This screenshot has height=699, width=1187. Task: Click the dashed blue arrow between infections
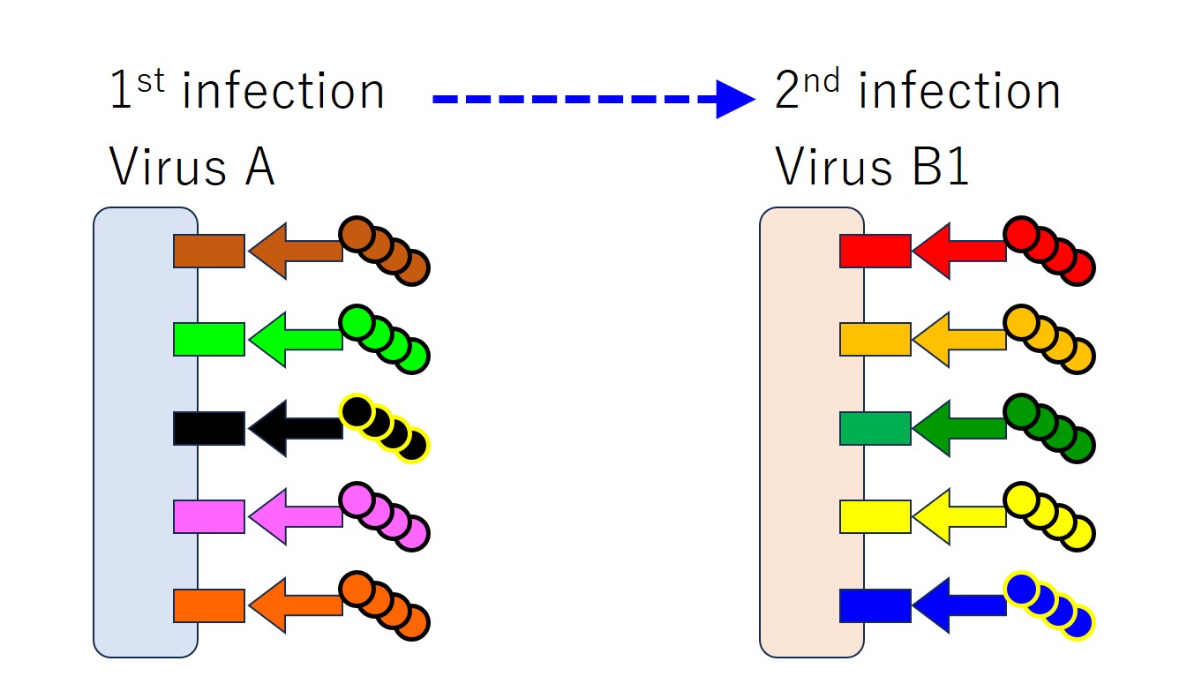pos(591,99)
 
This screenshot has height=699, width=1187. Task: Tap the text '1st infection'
pos(247,92)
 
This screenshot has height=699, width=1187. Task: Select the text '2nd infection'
pos(918,92)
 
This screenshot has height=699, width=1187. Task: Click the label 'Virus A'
pos(192,167)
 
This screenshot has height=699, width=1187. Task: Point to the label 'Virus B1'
pos(872,167)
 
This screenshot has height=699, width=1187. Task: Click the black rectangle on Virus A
pos(208,428)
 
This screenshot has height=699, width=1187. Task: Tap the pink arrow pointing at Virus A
pos(296,516)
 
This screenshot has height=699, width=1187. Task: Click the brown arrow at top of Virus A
pos(296,252)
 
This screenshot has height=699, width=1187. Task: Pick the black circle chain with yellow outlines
pos(384,429)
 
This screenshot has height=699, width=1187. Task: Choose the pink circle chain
pos(384,517)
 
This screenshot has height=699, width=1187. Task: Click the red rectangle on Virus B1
pos(875,252)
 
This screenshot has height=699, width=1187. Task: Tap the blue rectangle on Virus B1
pos(875,605)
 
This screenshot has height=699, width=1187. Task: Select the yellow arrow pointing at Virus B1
pos(959,516)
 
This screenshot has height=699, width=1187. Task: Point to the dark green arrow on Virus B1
pos(959,428)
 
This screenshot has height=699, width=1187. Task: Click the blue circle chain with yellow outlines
pos(1050,605)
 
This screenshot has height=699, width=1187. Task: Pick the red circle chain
pos(1050,252)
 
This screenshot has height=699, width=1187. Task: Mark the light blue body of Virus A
pos(132,432)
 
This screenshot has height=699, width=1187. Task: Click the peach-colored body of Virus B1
pos(799,432)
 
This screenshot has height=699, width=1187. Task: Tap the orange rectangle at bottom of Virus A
pos(208,605)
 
